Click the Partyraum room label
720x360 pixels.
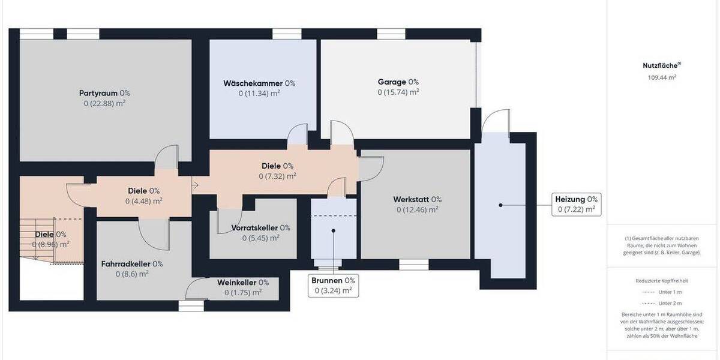tap(104, 93)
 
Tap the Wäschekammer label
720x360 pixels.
tap(259, 83)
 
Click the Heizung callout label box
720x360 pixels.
tap(576, 204)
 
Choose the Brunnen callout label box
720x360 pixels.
tap(333, 286)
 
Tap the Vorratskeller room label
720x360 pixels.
tap(260, 228)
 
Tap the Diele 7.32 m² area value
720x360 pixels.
tap(277, 176)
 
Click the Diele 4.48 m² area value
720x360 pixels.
tap(143, 201)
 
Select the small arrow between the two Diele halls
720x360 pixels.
tap(196, 184)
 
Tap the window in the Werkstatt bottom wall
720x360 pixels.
tap(413, 263)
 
